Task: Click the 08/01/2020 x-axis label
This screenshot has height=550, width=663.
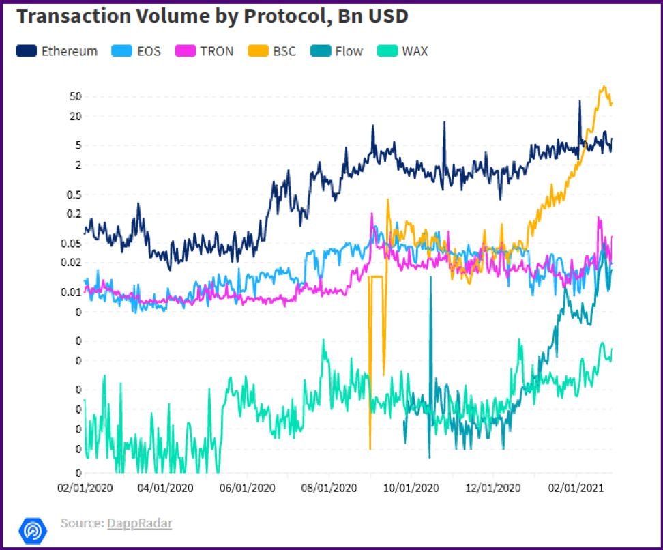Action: pos(329,488)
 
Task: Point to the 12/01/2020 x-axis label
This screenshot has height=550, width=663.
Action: pos(493,488)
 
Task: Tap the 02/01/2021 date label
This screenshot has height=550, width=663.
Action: pos(576,488)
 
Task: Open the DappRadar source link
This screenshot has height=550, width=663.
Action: pos(139,523)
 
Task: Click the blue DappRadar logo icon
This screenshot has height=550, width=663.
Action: pos(31,529)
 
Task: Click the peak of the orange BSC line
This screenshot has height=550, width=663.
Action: pos(603,87)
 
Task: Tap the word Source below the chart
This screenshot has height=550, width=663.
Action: pos(81,523)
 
